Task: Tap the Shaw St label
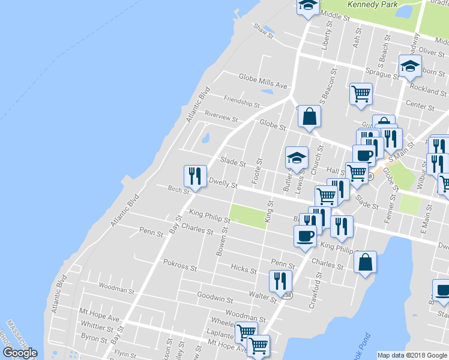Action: tap(263, 28)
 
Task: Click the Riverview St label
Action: tap(221, 113)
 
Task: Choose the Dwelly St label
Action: tap(223, 183)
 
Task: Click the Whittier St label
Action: tap(97, 329)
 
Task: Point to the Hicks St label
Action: tap(244, 269)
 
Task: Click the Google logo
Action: tap(20, 353)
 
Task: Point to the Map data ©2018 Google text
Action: tap(412, 355)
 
